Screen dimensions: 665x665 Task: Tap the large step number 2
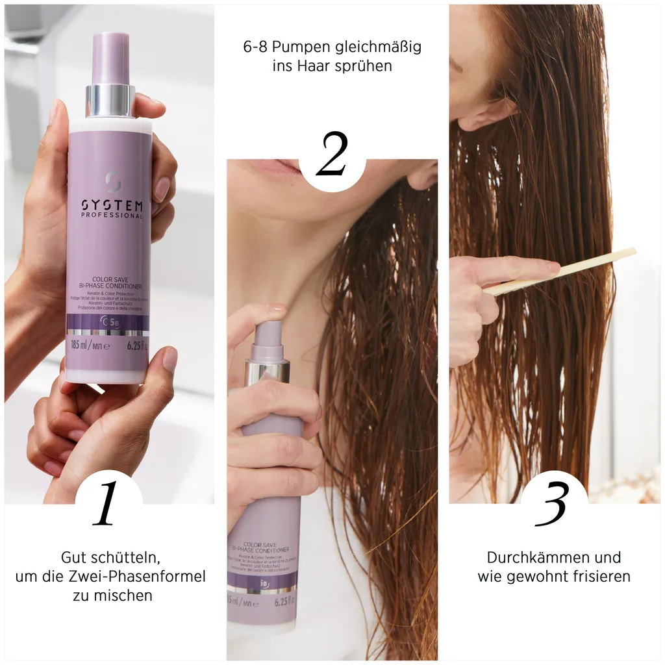pos(332,154)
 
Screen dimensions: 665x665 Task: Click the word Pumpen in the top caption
pos(292,47)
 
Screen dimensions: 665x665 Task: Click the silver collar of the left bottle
pos(110,101)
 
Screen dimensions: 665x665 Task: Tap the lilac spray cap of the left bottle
pos(110,58)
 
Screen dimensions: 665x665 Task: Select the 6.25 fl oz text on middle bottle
pos(285,601)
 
